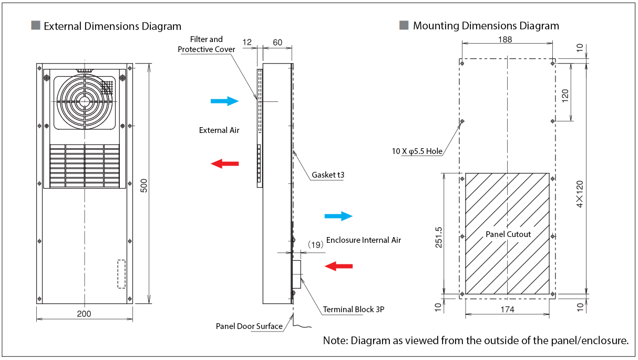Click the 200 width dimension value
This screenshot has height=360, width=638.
coord(84,314)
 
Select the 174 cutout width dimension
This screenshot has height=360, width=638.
coord(507,310)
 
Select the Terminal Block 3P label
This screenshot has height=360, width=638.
coord(354,310)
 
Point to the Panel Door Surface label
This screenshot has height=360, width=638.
coord(249,326)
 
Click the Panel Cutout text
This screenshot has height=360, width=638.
coord(508,234)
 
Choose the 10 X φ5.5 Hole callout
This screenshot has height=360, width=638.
coord(417,151)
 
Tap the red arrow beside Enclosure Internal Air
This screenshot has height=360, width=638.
coord(338,266)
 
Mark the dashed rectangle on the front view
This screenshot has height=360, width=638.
coord(121,274)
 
